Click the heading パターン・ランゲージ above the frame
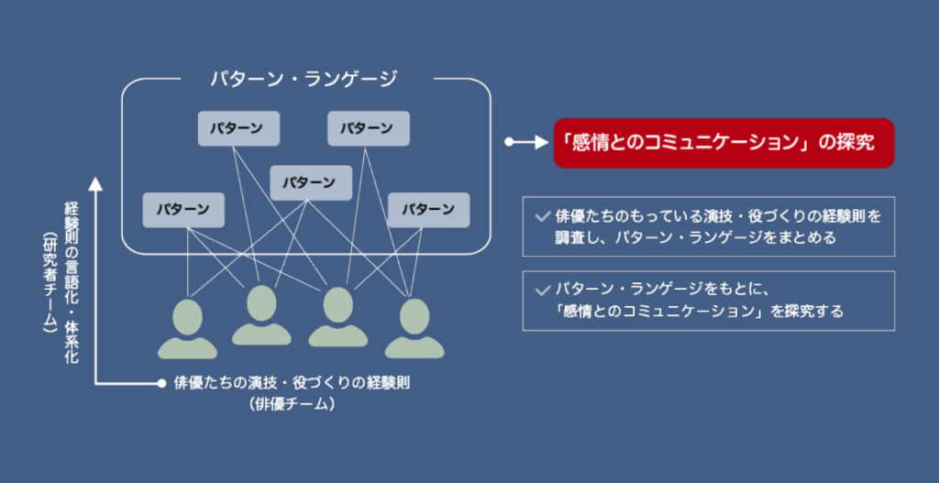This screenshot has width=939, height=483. pos(304,80)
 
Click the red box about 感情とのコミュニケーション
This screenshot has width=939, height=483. pos(724,143)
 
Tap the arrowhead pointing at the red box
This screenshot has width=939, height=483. pos(541,142)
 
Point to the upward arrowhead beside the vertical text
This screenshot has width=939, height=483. pos(95,183)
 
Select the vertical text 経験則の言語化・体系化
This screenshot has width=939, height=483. pos(72,282)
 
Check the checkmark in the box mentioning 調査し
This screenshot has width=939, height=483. pos(543,216)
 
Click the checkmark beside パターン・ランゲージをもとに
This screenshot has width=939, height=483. pos(543,291)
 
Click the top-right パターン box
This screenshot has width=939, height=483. pos(369,128)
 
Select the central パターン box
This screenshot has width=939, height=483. pos(311,182)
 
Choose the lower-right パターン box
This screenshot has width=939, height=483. pos(429,210)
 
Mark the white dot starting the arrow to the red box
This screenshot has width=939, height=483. pos(509,142)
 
